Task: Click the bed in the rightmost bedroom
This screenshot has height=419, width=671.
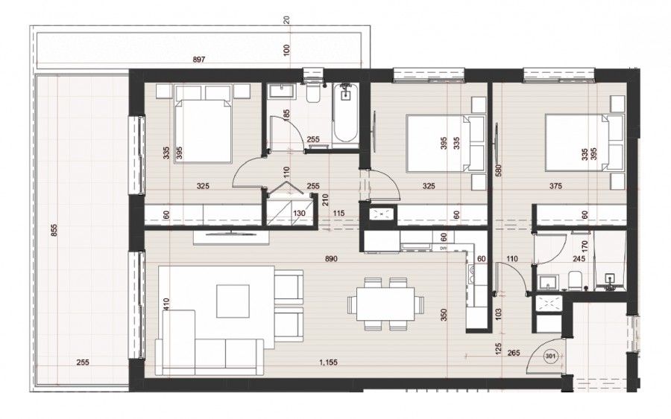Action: (x=582, y=141)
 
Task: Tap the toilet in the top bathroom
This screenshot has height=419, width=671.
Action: (x=313, y=92)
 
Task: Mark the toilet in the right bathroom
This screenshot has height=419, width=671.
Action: (x=575, y=281)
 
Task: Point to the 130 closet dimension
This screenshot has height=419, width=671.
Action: (x=298, y=214)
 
